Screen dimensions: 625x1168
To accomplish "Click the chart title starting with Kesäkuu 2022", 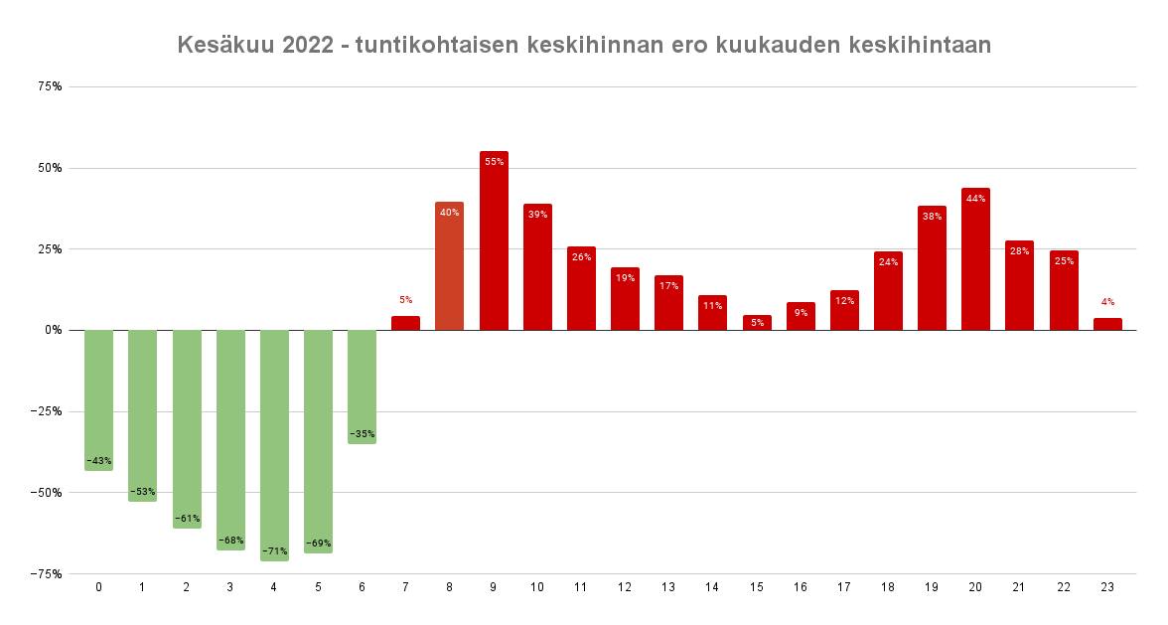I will pyautogui.click(x=584, y=45).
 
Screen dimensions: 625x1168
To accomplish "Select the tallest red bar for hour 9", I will pyautogui.click(x=494, y=243).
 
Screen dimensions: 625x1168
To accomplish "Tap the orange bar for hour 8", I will pyautogui.click(x=449, y=266).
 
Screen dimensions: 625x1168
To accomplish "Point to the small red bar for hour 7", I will pyautogui.click(x=405, y=323).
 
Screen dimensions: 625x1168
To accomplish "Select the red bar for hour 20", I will pyautogui.click(x=975, y=260).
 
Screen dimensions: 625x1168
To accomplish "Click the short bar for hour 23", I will pyautogui.click(x=1107, y=324).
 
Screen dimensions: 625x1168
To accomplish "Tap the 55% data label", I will pyautogui.click(x=494, y=162).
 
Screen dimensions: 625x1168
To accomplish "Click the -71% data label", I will pyautogui.click(x=274, y=550).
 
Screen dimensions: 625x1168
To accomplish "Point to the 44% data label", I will pyautogui.click(x=975, y=199).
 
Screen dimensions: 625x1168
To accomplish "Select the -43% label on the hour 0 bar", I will pyautogui.click(x=98, y=460).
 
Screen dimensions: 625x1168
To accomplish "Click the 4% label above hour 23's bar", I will pyautogui.click(x=1107, y=301).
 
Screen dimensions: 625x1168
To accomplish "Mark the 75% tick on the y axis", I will pyautogui.click(x=50, y=86).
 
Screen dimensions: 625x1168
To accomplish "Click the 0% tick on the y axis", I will pyautogui.click(x=52, y=330).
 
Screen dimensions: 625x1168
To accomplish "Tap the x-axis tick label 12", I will pyautogui.click(x=625, y=587).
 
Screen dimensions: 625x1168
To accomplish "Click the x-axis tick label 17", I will pyautogui.click(x=844, y=587).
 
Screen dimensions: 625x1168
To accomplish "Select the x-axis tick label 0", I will pyautogui.click(x=98, y=587).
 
